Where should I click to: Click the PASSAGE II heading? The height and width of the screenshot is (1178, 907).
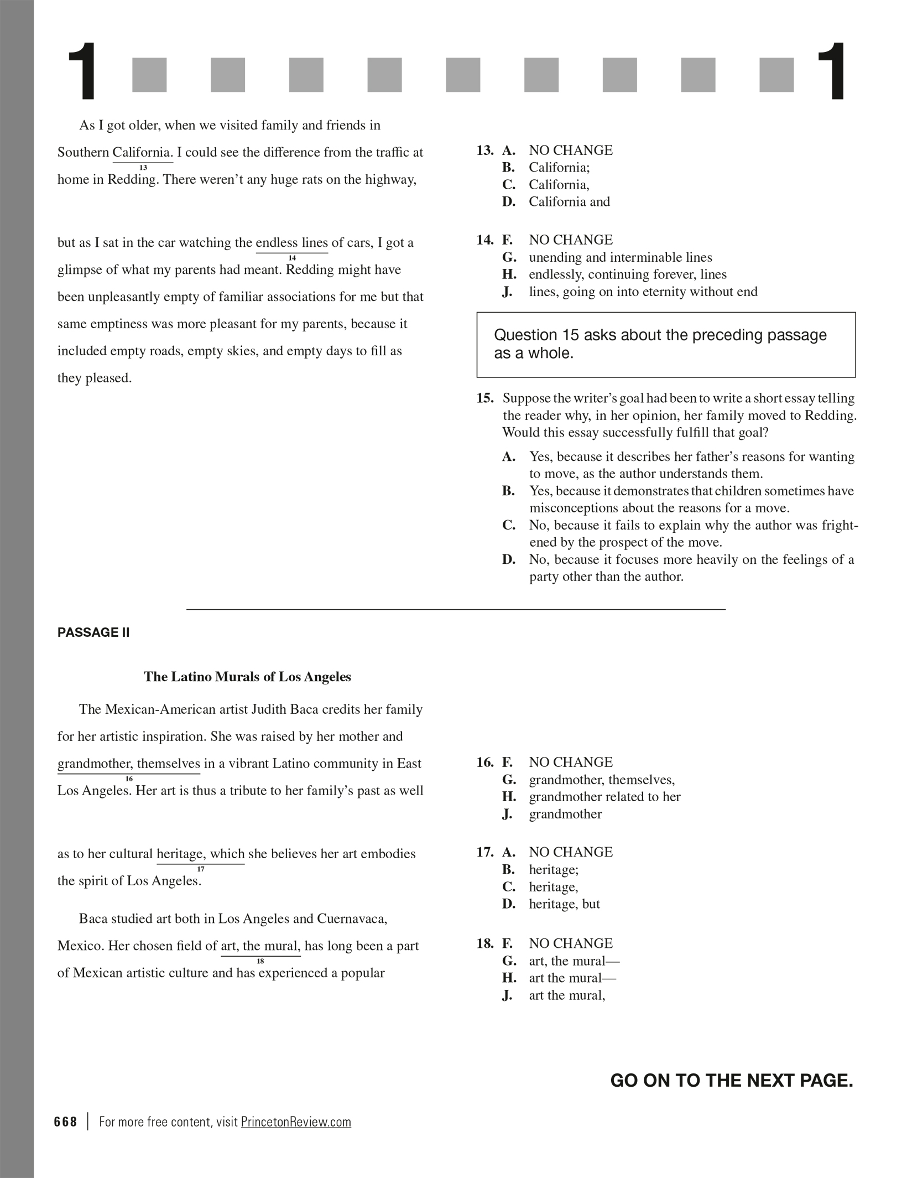point(93,633)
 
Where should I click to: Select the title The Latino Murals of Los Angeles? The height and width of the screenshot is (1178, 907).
point(247,677)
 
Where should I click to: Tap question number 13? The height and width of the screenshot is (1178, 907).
point(484,151)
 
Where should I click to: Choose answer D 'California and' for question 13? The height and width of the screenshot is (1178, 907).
point(569,202)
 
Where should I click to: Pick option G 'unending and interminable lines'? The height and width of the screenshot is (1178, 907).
point(620,257)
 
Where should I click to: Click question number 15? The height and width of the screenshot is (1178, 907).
point(484,398)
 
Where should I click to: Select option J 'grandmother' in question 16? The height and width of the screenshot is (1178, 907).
point(565,814)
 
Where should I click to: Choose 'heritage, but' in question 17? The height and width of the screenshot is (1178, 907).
point(564,904)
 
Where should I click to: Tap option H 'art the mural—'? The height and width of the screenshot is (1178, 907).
point(572,978)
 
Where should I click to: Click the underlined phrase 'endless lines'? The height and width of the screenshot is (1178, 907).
point(291,243)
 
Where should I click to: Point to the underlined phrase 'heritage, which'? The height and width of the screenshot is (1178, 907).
point(200,854)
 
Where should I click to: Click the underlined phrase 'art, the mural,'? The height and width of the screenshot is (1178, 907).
point(260,946)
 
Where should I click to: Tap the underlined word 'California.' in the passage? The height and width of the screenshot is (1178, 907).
point(143,152)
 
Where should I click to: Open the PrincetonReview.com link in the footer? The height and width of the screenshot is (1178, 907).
point(296,1122)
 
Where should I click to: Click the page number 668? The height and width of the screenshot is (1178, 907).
point(65,1122)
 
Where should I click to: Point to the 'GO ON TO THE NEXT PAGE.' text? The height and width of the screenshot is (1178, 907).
point(731,1081)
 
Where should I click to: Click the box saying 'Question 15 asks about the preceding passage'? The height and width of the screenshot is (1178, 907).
point(665,344)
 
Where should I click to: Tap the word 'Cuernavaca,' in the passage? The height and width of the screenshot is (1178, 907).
point(352,919)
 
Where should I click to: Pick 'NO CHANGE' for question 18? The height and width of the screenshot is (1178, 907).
point(571,943)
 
